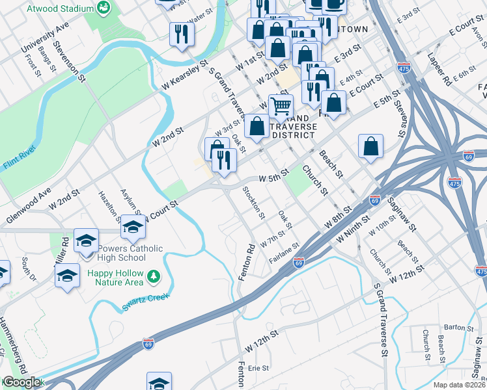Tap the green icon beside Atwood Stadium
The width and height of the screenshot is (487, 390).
coord(102,8)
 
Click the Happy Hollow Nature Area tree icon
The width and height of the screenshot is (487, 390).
coord(154,277)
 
